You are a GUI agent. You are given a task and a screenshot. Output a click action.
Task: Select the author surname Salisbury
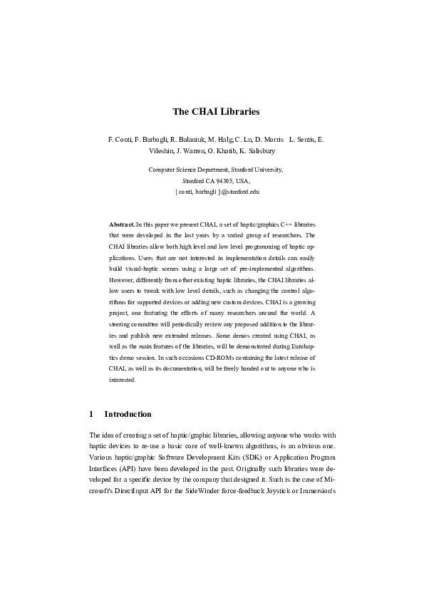(260, 151)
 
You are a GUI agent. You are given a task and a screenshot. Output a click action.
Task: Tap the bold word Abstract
(120, 224)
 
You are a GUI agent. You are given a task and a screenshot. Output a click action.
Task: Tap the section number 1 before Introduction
(91, 414)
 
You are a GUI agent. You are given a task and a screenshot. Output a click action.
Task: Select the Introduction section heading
(128, 414)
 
